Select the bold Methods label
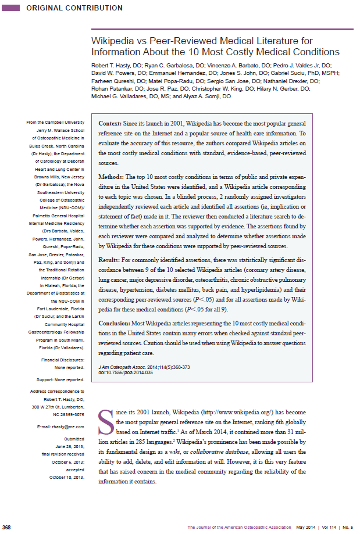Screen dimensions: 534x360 pyautogui.click(x=111, y=175)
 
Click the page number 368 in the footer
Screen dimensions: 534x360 pyautogui.click(x=7, y=527)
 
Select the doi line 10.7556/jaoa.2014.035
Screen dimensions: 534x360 pyautogui.click(x=126, y=372)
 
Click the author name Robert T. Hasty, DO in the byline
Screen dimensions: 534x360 pyautogui.click(x=117, y=66)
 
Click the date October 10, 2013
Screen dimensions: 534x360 pyautogui.click(x=67, y=476)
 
